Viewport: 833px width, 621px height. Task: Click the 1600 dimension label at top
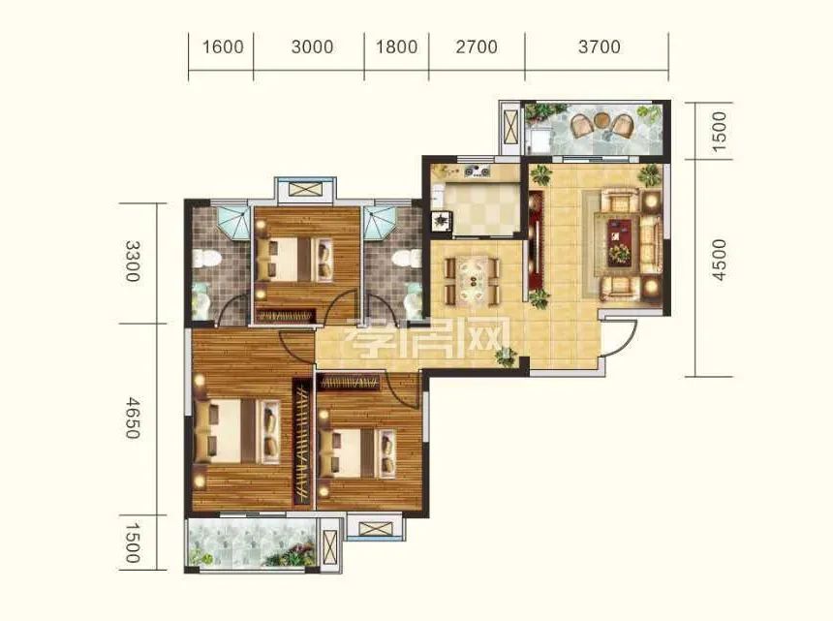click(223, 47)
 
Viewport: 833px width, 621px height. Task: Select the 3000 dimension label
click(312, 47)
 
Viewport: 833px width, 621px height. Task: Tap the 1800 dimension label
click(396, 47)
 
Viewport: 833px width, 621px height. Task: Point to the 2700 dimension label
click(477, 47)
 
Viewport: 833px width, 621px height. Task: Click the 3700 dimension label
click(600, 47)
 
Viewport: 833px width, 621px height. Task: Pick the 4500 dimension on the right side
click(719, 260)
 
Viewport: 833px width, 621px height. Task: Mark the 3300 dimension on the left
click(133, 261)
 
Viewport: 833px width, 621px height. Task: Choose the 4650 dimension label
click(133, 419)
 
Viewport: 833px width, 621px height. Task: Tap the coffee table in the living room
click(623, 241)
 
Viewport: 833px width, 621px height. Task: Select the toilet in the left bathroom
click(206, 259)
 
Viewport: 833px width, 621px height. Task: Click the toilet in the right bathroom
click(407, 259)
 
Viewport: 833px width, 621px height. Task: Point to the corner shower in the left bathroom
click(233, 223)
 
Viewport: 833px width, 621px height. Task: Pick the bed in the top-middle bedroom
click(293, 259)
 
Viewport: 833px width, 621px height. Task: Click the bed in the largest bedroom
click(237, 431)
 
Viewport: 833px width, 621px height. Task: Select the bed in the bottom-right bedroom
click(357, 452)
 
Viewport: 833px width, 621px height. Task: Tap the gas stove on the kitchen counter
click(478, 171)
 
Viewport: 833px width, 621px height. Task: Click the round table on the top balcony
click(602, 119)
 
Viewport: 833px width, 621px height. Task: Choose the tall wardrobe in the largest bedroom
click(302, 442)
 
